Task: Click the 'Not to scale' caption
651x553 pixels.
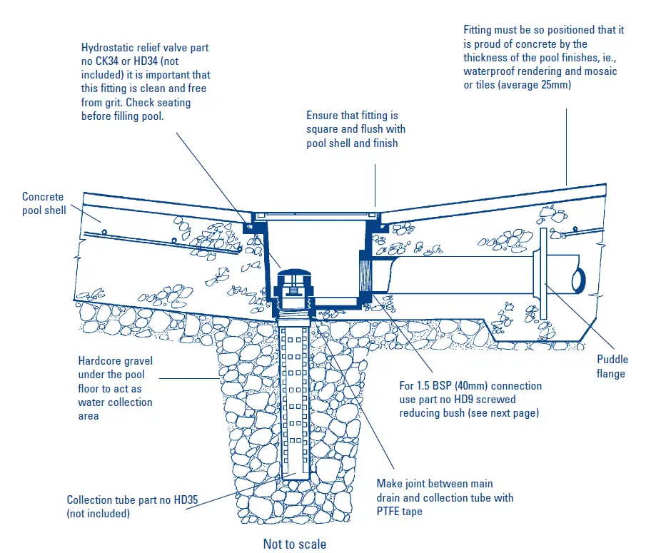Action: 294,544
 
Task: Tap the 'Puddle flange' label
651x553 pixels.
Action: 610,367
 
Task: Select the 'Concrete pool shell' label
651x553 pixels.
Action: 44,203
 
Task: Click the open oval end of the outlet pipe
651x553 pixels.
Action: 578,278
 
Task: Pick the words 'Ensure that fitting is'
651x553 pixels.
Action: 352,116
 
